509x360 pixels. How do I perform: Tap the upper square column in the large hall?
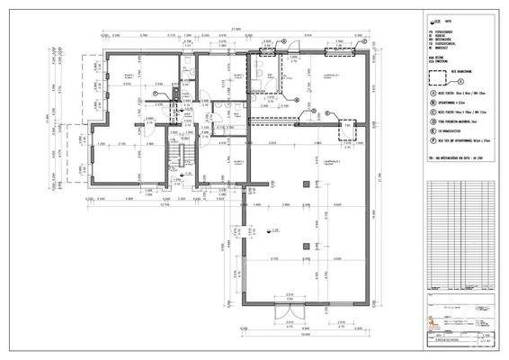click(308, 184)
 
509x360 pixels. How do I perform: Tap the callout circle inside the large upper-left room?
click(156, 90)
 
